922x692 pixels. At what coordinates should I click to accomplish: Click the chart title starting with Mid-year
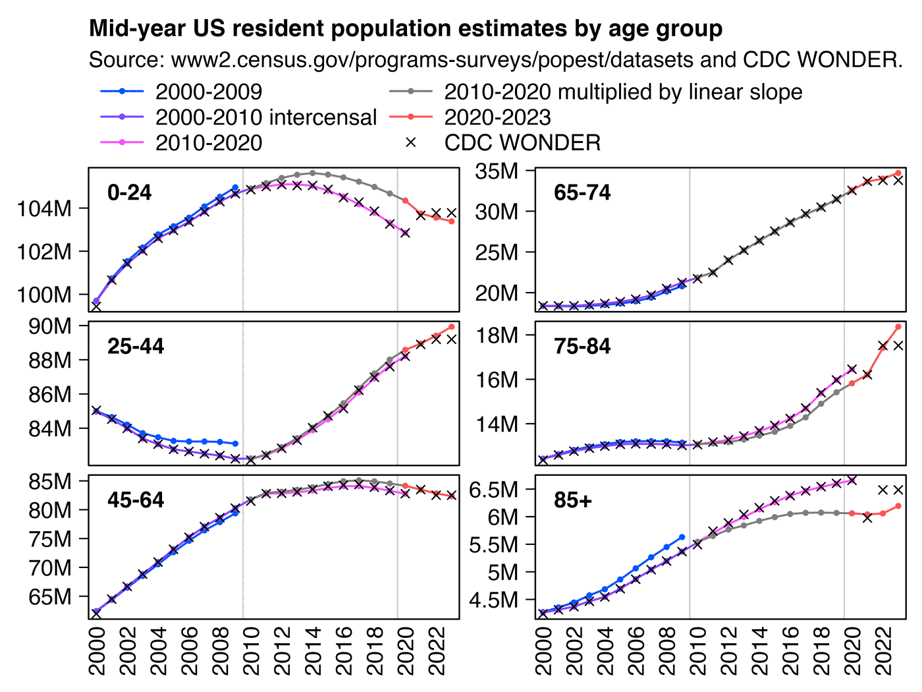point(405,29)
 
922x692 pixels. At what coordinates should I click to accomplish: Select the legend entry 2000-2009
point(208,92)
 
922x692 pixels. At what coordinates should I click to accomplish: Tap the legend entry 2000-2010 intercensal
point(265,117)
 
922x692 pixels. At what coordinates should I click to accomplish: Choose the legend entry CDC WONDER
point(522,142)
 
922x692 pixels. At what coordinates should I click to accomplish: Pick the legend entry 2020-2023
point(497,117)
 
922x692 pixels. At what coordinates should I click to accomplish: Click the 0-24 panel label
point(129,192)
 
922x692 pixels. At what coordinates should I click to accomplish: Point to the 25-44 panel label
point(136,346)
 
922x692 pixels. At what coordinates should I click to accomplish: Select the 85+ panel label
point(573,500)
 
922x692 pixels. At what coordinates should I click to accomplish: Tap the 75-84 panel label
point(582,346)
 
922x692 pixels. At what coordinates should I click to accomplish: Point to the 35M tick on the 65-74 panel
point(497,171)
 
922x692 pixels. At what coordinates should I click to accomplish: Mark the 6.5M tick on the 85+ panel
point(491,490)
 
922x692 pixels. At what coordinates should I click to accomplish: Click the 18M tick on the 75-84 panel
point(497,335)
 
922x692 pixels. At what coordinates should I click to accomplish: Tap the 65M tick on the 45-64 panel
point(49,596)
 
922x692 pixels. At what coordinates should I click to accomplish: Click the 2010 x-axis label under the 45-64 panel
point(251,651)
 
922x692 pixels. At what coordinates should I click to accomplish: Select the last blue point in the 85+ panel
point(682,537)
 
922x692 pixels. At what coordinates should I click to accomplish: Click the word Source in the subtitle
point(124,60)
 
